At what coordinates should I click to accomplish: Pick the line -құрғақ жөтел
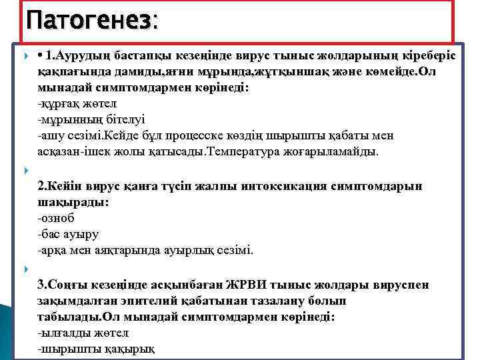77,104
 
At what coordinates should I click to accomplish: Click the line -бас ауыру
69,234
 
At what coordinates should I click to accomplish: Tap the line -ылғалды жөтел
83,333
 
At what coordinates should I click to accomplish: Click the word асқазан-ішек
70,151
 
